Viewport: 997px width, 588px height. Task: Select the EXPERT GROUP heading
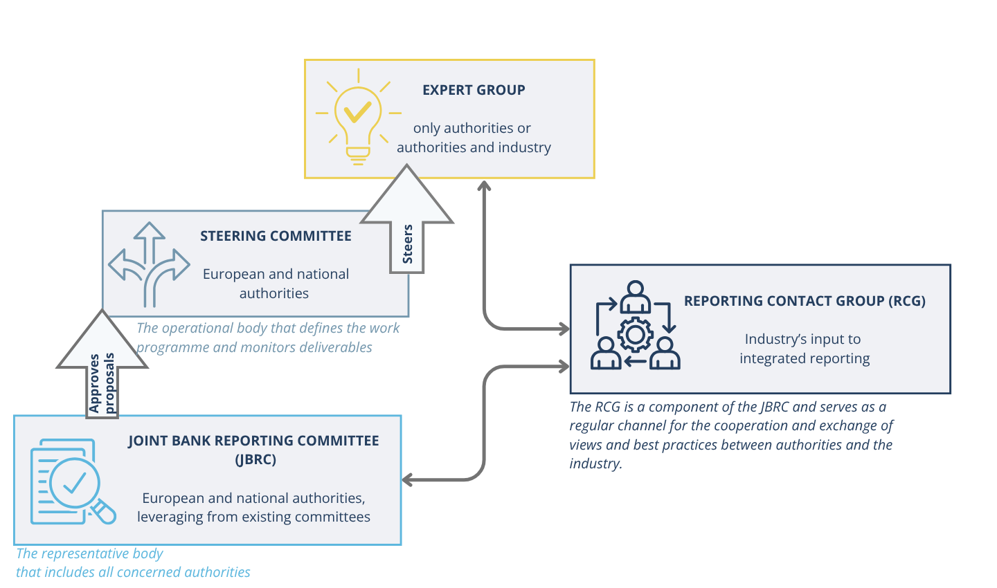474,90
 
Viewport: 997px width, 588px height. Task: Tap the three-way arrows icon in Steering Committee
148,264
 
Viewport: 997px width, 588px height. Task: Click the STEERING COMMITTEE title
276,236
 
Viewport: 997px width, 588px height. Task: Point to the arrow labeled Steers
407,228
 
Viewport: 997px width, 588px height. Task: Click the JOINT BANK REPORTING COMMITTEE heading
253,441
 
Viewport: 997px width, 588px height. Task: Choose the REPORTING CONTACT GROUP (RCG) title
805,301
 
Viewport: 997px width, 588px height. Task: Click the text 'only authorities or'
471,129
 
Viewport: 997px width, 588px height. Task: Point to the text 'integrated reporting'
805,358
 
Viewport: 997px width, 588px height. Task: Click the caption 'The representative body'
89,553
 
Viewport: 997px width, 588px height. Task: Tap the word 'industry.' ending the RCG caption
595,463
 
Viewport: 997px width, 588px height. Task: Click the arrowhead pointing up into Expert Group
484,185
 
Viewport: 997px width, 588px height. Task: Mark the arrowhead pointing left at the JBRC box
408,479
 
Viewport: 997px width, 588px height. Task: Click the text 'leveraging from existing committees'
253,517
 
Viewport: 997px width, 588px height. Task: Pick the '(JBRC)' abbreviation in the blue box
255,459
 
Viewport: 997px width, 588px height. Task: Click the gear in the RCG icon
635,336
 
